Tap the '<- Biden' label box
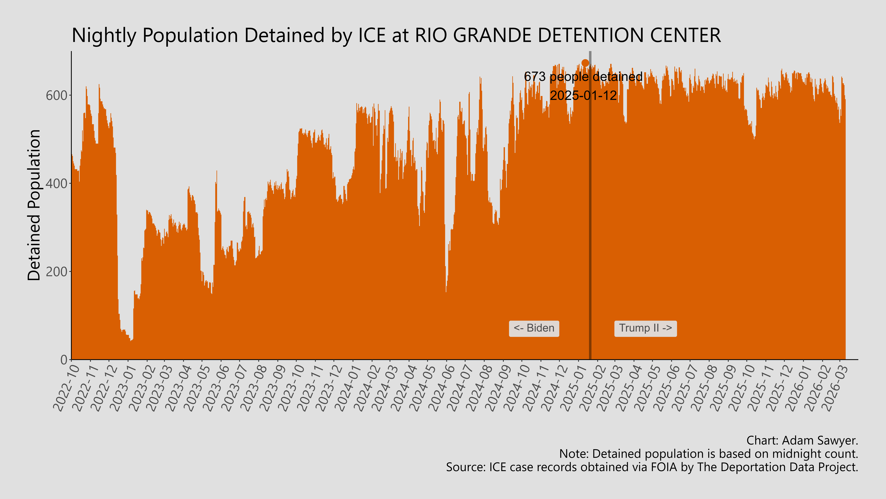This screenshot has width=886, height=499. point(534,328)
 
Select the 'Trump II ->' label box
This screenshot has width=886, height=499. point(645,328)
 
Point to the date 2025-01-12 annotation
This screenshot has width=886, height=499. point(583,95)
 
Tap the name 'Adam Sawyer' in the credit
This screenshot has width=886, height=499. point(819,440)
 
